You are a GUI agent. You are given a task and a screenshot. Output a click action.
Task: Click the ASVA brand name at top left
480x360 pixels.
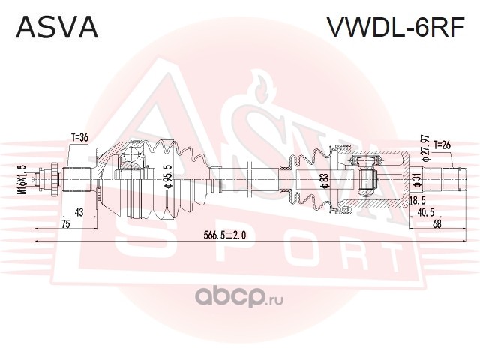coord(57,27)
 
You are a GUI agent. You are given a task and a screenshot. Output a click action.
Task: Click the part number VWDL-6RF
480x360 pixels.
coord(397,27)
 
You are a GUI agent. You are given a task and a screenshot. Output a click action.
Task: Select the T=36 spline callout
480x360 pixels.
coord(79,138)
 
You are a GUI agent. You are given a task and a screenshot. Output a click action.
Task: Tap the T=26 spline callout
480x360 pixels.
coord(442,145)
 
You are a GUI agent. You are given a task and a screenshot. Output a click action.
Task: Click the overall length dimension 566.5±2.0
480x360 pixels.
coord(225,235)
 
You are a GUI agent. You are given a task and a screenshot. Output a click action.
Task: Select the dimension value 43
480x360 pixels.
coord(79,212)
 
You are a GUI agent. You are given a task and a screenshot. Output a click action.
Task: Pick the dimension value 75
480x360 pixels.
coord(66,223)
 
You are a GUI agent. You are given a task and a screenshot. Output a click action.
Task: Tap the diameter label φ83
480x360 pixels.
coord(325,181)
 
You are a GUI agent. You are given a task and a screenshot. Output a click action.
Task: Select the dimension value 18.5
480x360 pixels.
coord(418,201)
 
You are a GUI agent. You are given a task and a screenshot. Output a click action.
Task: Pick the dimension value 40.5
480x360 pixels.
coord(426,212)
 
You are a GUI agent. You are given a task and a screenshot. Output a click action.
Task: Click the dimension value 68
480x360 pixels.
coord(437,224)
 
